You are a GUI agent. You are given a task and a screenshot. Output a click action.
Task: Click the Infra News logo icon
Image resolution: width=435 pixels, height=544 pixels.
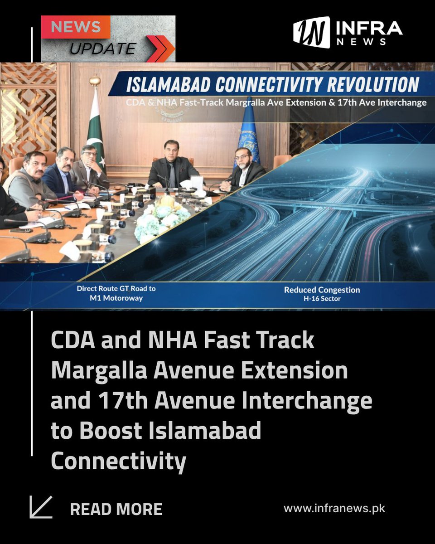(311, 33)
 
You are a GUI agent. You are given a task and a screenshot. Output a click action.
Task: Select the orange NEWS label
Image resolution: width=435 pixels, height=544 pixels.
(76, 27)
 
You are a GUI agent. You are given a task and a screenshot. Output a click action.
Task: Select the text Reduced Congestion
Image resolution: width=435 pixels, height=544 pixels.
(322, 290)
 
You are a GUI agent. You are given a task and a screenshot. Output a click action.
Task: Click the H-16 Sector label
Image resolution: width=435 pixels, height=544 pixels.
(322, 299)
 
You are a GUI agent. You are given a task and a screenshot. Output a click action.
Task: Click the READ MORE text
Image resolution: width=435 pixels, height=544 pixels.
(116, 509)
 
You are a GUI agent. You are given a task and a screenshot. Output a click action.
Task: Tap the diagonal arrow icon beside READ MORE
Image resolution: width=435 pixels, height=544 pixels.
(41, 507)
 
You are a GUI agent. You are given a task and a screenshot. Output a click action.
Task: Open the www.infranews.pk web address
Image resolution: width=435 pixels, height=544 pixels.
(334, 508)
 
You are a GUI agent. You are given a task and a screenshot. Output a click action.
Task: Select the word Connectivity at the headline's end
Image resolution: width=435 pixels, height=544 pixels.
(118, 461)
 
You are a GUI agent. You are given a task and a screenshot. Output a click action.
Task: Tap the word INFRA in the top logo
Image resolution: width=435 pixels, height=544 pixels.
(368, 29)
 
